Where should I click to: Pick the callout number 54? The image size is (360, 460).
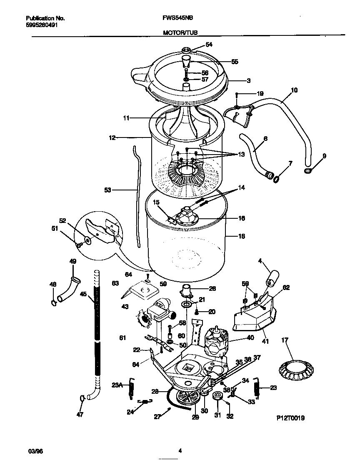point(209,45)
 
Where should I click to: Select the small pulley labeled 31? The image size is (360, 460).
point(217,395)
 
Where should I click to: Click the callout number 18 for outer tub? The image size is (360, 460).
point(241,236)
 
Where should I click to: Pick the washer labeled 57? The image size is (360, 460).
point(186,80)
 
